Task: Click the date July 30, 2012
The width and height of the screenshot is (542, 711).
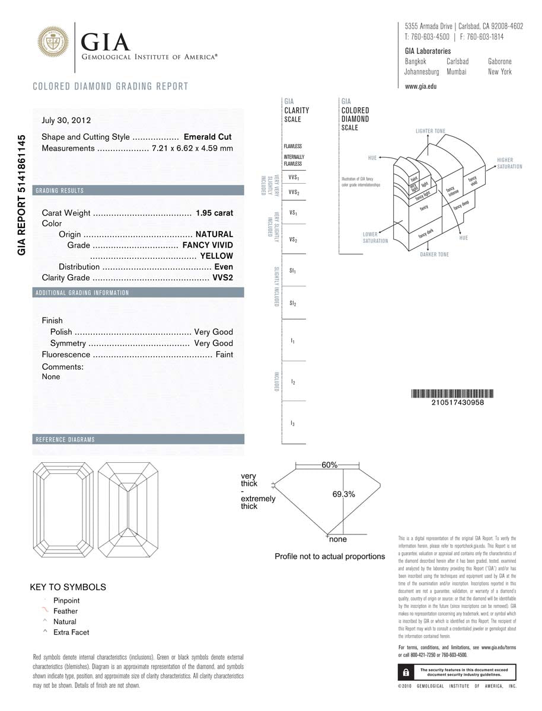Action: pyautogui.click(x=66, y=120)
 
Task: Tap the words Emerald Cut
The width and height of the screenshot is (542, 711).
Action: pyautogui.click(x=208, y=137)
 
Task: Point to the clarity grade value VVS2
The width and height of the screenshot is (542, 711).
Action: pyautogui.click(x=223, y=278)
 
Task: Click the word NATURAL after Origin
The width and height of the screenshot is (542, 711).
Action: pyautogui.click(x=214, y=234)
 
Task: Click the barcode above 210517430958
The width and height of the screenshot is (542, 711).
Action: pyautogui.click(x=454, y=393)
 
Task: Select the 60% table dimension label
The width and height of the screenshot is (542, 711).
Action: pyautogui.click(x=329, y=465)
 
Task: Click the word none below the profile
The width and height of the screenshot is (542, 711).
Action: pyautogui.click(x=338, y=539)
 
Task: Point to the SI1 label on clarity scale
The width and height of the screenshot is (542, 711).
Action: pyautogui.click(x=293, y=271)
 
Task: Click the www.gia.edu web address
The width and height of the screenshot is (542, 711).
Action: pyautogui.click(x=420, y=87)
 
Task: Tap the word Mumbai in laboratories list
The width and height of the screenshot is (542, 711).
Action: pyautogui.click(x=457, y=72)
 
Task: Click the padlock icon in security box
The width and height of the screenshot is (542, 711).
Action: pyautogui.click(x=405, y=672)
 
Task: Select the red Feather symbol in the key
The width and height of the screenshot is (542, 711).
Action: pyautogui.click(x=45, y=610)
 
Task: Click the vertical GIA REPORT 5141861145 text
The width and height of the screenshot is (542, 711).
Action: pyautogui.click(x=22, y=195)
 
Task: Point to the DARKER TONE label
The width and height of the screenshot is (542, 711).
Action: pyautogui.click(x=434, y=254)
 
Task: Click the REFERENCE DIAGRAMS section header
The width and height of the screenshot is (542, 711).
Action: pyautogui.click(x=65, y=440)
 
